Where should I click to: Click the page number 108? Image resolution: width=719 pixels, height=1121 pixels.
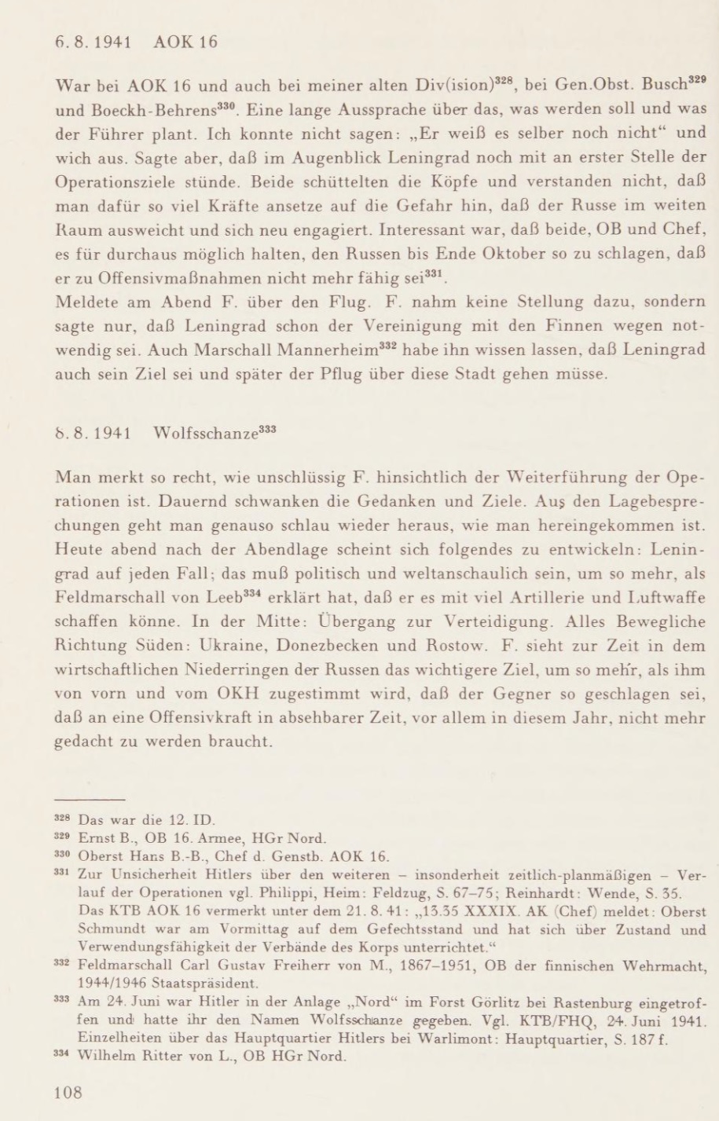tap(68, 1090)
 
